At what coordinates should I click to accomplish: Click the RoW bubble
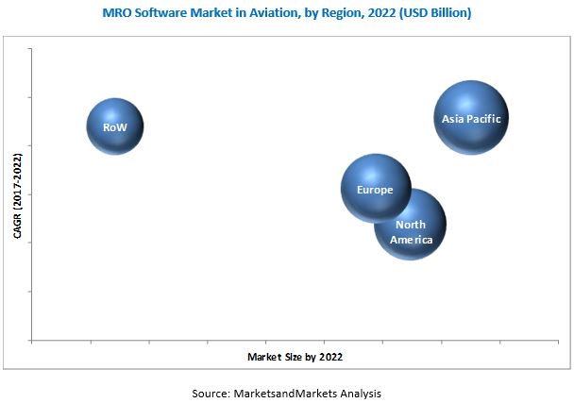point(115,126)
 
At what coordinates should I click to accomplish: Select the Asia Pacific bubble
point(471,117)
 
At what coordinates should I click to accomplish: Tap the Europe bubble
point(375,189)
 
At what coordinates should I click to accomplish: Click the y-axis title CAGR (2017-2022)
point(17,195)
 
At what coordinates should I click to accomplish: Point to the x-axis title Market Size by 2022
point(295,358)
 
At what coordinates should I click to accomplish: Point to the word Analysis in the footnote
point(362,392)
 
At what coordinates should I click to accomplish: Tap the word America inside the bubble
point(413,240)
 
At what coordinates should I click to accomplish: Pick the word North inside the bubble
point(410,225)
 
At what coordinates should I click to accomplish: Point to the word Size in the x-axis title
point(291,358)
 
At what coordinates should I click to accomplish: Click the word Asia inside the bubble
point(453,119)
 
